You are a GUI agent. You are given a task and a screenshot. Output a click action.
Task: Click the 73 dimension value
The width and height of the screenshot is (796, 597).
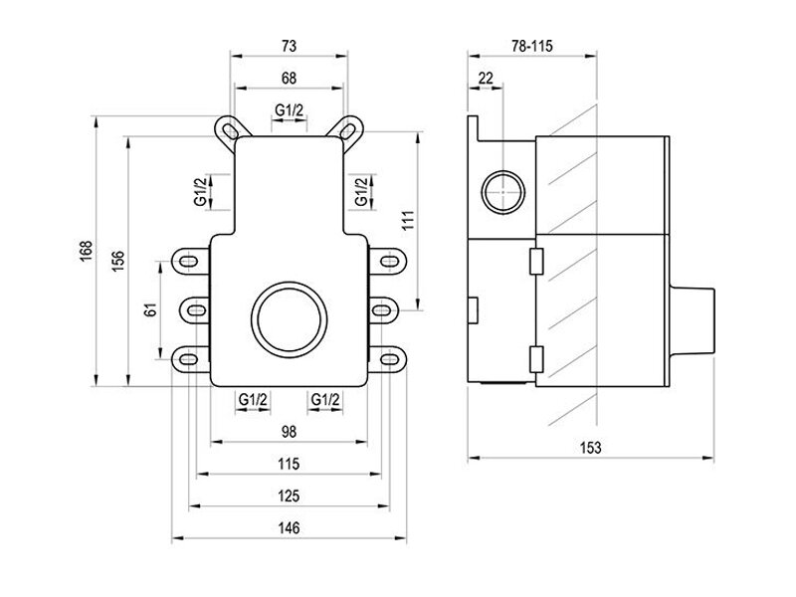[x=289, y=46]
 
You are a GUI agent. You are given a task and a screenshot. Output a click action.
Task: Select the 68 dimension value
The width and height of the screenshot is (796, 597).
[x=289, y=79]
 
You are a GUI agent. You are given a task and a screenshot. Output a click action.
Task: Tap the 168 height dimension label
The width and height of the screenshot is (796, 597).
[x=87, y=252]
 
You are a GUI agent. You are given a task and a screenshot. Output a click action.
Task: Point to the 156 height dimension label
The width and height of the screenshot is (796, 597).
[x=117, y=261]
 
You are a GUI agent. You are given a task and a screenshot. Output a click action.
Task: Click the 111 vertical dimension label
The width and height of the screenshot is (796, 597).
[x=409, y=220]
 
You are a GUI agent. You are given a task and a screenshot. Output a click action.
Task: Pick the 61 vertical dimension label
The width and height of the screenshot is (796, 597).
[x=151, y=309]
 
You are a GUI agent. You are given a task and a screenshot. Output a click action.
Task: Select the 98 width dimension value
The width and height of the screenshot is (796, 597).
[x=289, y=432]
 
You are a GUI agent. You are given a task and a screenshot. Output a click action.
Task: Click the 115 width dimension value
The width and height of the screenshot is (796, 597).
[x=289, y=464]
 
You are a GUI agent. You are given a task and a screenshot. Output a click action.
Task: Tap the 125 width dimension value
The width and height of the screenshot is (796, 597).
[x=289, y=496]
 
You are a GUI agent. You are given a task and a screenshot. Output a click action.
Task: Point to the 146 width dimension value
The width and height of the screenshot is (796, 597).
[x=289, y=528]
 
